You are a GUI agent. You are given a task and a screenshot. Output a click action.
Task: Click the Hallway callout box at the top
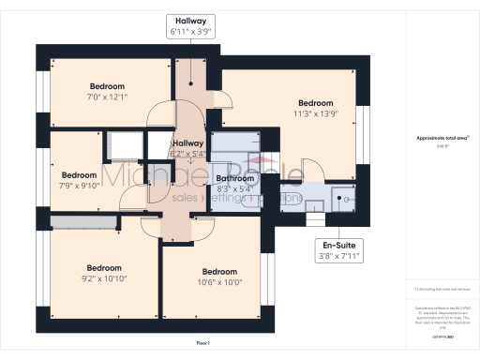coord(190,25)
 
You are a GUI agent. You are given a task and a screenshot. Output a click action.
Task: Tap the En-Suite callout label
coord(338,249)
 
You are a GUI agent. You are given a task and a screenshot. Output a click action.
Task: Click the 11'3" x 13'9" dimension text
coord(315,113)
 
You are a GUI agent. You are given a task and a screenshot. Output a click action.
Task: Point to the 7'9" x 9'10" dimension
coord(79,185)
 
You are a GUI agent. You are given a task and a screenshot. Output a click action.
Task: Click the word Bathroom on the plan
coord(234,177)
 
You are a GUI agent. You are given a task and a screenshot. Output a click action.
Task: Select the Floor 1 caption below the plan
coord(202,344)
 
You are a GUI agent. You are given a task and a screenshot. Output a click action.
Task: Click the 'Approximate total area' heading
coord(442,138)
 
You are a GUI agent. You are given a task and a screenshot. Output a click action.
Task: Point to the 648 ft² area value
coord(442,146)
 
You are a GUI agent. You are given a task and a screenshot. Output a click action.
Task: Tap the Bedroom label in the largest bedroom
coord(315,102)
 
